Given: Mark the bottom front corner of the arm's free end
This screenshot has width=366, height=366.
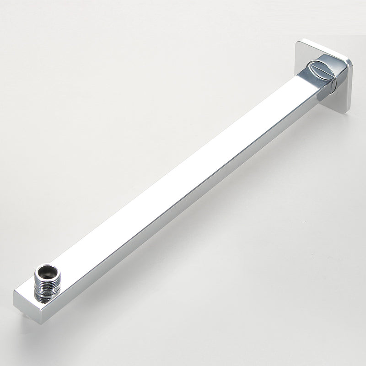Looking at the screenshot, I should coord(42,323).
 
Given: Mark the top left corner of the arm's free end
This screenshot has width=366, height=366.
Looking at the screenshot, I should coord(15,291).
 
